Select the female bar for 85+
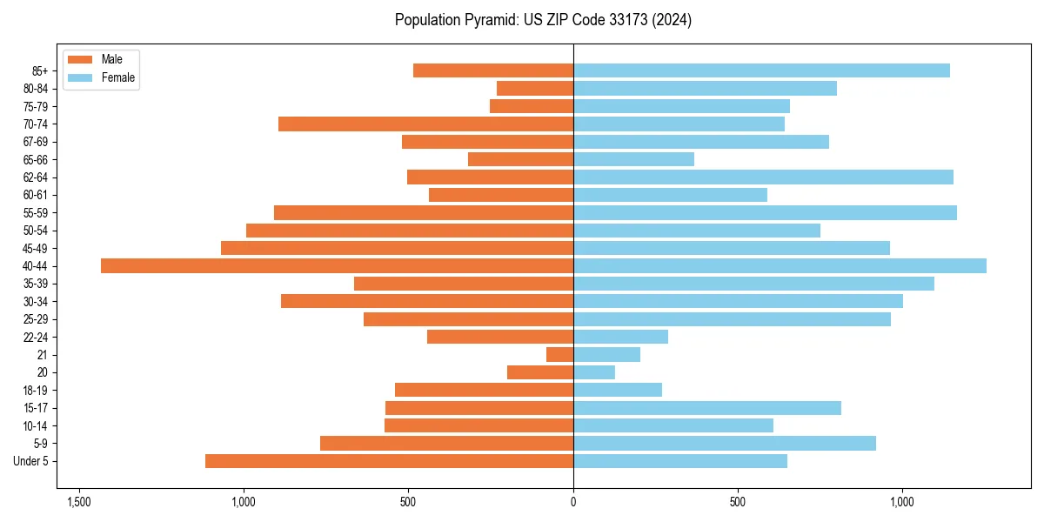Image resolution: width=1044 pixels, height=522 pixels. (761, 70)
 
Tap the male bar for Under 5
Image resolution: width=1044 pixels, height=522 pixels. (389, 461)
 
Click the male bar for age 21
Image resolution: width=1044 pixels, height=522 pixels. (559, 354)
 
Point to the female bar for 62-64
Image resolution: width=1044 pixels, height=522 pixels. (763, 177)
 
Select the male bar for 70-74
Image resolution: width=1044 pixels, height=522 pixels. (425, 124)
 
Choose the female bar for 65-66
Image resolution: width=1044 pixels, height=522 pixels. (633, 159)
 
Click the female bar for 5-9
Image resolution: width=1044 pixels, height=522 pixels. (725, 443)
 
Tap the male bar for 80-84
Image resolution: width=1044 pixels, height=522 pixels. (535, 88)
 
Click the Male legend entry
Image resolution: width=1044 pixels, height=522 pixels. (111, 59)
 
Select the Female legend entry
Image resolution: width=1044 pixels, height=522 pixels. (117, 77)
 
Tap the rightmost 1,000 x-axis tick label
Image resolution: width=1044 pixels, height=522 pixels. (902, 502)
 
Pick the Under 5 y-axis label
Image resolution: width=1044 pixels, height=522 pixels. (31, 461)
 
